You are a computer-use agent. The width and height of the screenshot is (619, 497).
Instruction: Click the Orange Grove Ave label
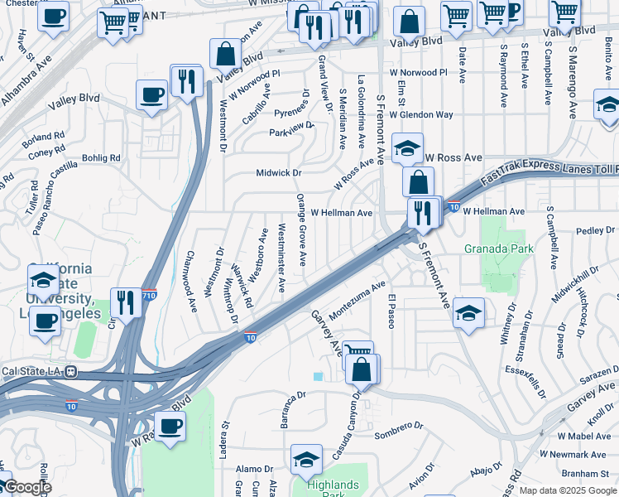(x=302, y=229)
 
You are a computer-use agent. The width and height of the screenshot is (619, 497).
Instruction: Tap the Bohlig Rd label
(x=101, y=157)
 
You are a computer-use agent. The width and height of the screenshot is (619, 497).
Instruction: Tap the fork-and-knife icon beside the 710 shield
(x=126, y=302)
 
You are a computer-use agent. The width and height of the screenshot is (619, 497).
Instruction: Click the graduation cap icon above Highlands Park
(x=306, y=459)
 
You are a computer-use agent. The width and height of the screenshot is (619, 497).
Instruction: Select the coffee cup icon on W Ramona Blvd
(x=170, y=426)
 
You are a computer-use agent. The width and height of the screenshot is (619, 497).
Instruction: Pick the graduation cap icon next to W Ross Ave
(x=407, y=147)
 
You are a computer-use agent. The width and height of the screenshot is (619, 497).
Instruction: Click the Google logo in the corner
(x=26, y=487)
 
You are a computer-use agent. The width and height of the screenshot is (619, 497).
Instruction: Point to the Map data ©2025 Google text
(x=568, y=490)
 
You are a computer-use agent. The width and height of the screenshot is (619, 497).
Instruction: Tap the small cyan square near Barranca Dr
(x=319, y=377)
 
